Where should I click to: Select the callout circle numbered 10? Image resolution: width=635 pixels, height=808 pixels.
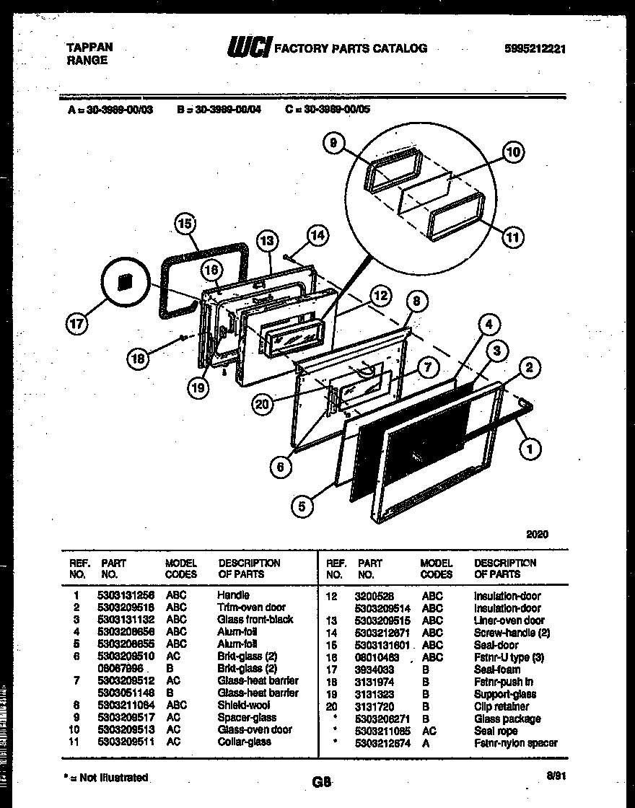[x=512, y=152]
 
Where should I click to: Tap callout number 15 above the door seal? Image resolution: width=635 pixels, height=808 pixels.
[x=185, y=224]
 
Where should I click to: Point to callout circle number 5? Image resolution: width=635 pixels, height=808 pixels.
[x=303, y=507]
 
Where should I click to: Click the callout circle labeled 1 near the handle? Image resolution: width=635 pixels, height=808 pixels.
[x=530, y=449]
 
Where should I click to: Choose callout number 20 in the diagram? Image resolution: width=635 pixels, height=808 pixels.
[x=263, y=405]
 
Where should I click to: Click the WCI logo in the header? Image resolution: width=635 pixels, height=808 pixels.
[x=249, y=48]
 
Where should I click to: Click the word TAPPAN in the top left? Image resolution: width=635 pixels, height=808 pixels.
[x=89, y=48]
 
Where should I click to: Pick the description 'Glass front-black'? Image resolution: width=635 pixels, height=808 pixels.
[x=255, y=620]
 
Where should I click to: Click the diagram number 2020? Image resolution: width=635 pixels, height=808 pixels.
[x=537, y=535]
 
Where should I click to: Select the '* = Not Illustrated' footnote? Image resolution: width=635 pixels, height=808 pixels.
[x=106, y=777]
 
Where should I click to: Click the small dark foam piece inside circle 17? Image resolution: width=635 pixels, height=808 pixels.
[x=124, y=281]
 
